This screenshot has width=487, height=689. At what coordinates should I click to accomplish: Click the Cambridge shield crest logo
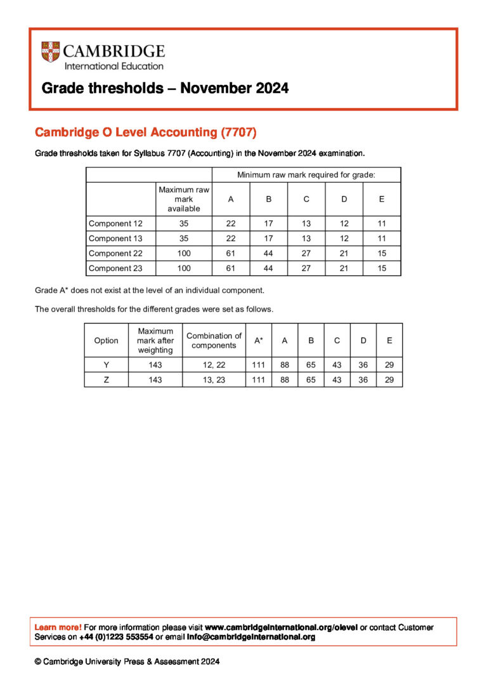tap(51, 51)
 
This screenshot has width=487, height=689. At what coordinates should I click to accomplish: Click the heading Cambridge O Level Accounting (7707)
tap(146, 133)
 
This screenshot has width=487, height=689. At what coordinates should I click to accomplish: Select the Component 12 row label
tap(116, 223)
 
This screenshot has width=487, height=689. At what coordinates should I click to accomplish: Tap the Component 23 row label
tap(116, 268)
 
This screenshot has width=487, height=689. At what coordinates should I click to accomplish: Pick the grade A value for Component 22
tap(231, 253)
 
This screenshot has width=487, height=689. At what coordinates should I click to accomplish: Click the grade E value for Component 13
tap(382, 239)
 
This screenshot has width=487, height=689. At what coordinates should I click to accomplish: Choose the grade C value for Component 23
tap(306, 268)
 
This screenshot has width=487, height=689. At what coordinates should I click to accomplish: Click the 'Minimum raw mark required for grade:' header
tap(306, 174)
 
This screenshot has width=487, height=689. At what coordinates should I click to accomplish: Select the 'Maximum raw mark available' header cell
tap(184, 199)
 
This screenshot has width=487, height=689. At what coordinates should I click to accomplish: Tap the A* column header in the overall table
tap(259, 340)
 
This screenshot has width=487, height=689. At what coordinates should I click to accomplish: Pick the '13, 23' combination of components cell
tap(214, 379)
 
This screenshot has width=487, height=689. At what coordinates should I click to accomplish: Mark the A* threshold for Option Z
tap(259, 379)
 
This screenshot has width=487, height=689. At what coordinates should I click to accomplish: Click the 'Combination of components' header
tap(214, 340)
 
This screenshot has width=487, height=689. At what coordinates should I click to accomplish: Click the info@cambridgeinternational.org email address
tap(251, 637)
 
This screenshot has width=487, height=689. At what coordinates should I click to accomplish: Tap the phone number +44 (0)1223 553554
tap(116, 637)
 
